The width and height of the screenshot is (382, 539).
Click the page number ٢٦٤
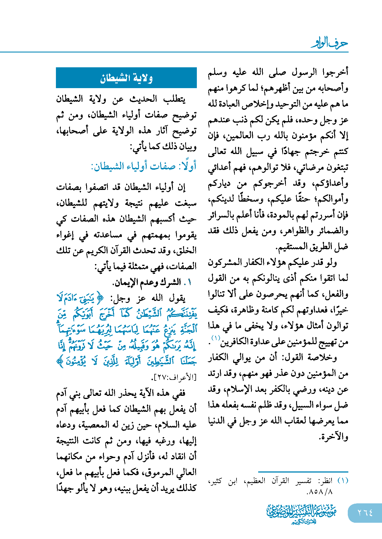365,513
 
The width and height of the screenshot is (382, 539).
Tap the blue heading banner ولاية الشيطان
126,78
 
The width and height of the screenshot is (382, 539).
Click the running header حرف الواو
330,43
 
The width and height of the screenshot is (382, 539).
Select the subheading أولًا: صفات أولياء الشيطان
143,166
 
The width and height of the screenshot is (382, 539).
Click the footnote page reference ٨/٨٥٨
320,492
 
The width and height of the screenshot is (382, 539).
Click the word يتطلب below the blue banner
174,100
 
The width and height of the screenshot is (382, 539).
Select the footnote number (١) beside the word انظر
343,481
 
